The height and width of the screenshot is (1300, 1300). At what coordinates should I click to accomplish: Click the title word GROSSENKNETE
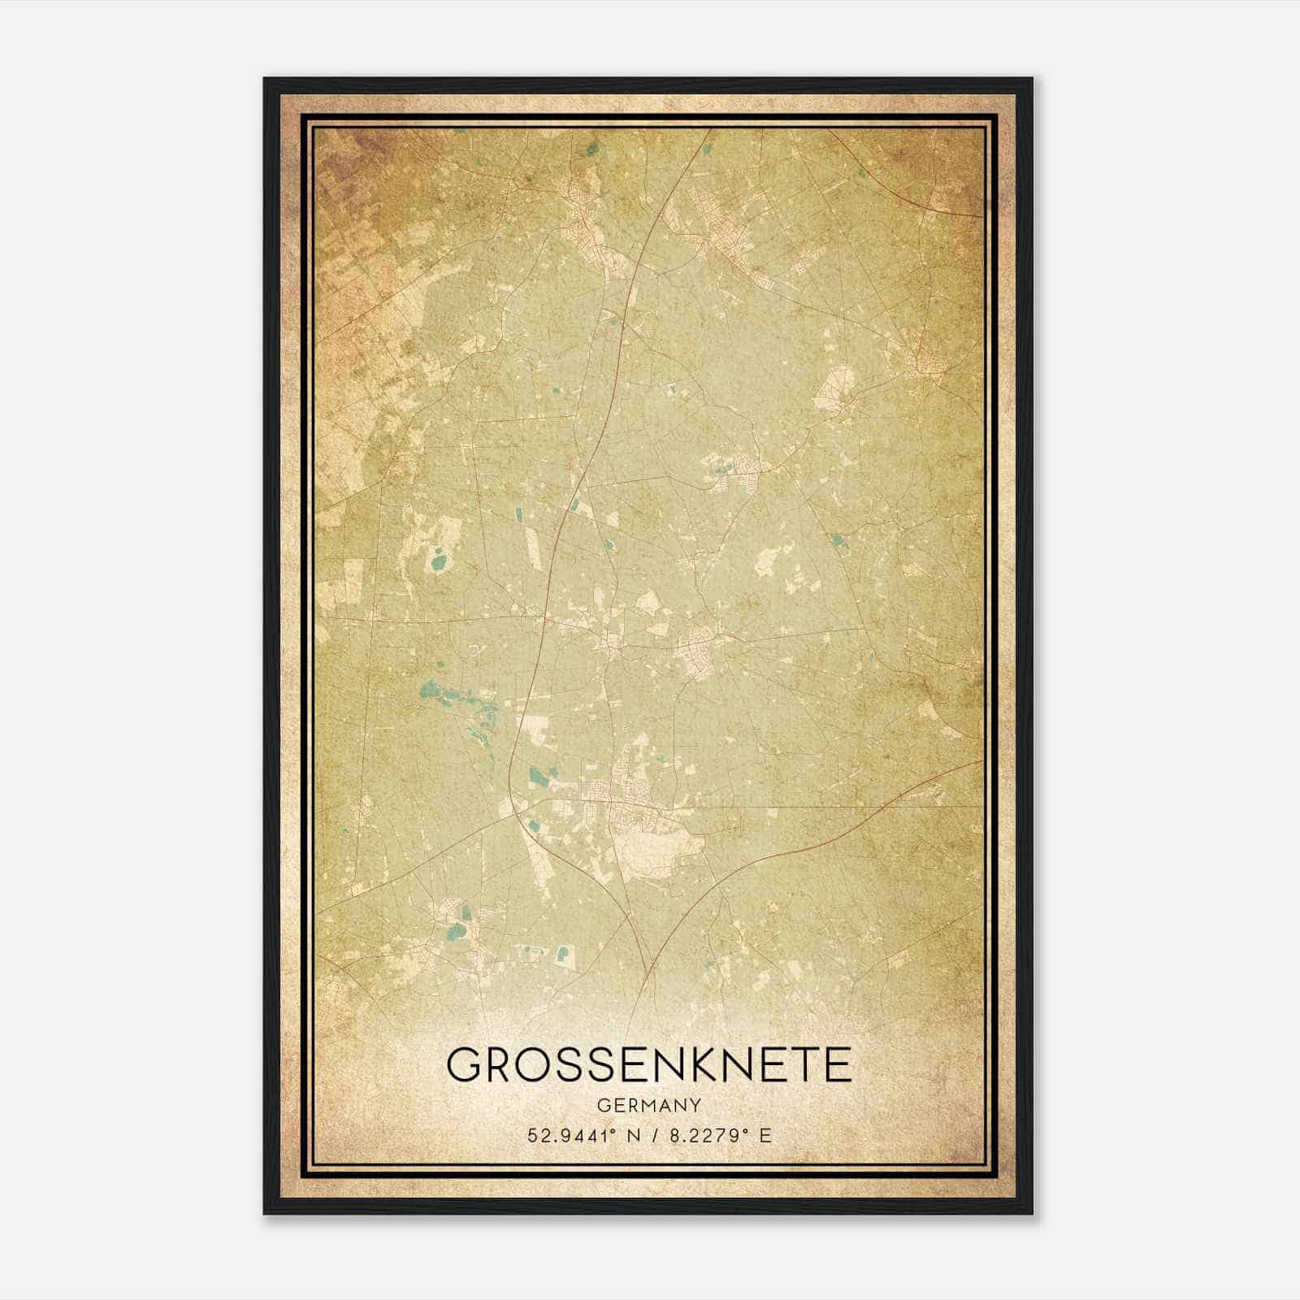649,1064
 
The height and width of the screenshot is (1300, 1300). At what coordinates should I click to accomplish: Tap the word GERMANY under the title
649,1105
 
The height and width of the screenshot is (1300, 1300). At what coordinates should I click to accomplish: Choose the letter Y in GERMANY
695,1105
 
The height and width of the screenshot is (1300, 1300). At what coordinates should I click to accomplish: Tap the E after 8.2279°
764,1135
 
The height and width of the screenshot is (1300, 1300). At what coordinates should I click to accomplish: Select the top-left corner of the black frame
265,79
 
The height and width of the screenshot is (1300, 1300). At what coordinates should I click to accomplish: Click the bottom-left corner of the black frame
265,1212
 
